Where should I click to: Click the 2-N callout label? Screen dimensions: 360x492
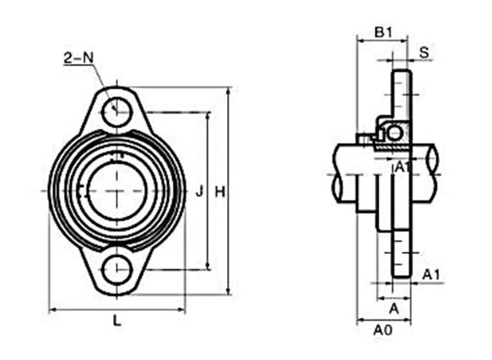click(x=78, y=58)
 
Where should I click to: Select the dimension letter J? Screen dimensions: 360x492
click(x=199, y=192)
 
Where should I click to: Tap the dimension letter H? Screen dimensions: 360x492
click(x=219, y=192)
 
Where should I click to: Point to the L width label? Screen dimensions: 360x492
click(x=117, y=320)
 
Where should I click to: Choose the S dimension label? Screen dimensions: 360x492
click(x=424, y=52)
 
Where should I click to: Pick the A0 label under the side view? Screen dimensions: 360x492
click(x=383, y=330)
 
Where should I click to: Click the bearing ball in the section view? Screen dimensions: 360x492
click(x=394, y=133)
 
